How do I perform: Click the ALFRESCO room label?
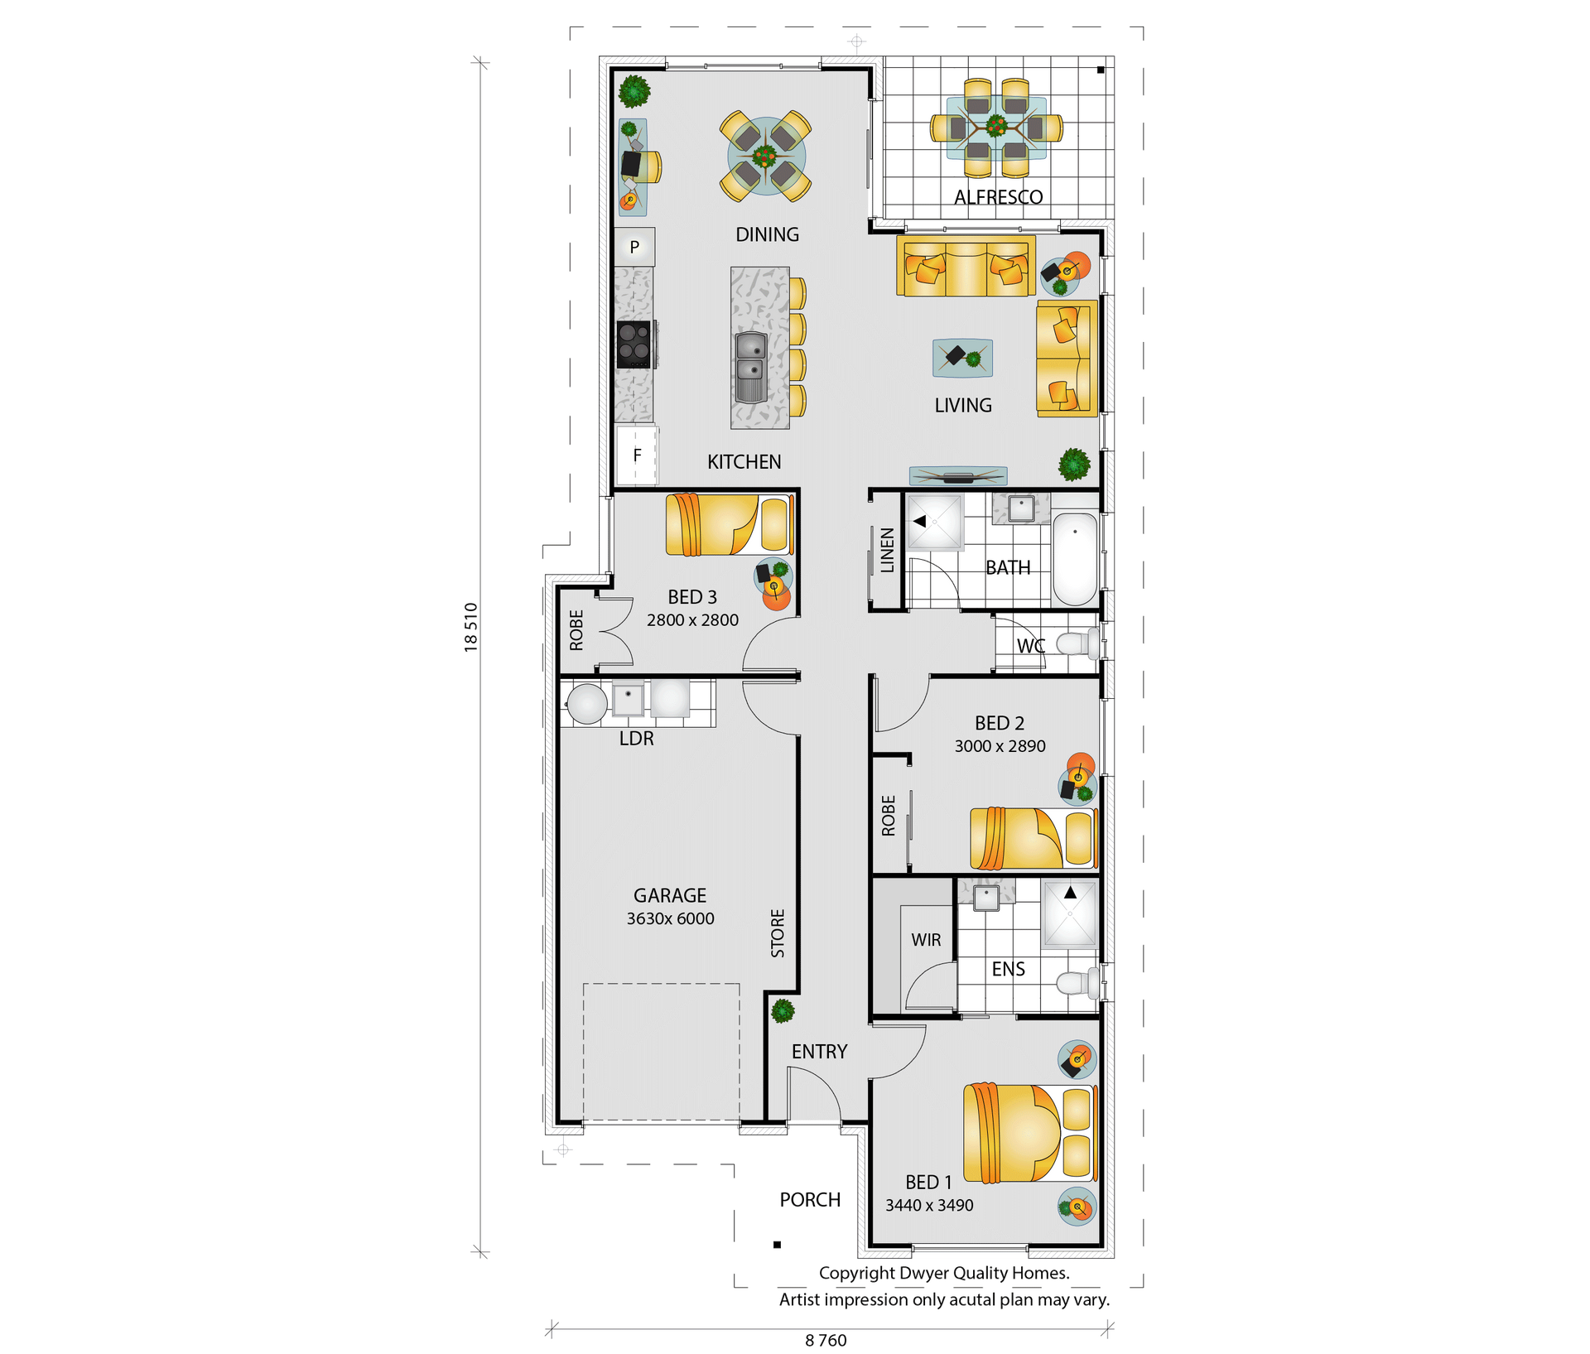tap(998, 197)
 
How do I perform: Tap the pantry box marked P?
tap(634, 247)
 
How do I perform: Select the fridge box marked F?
tap(636, 455)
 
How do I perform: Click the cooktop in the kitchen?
tap(635, 344)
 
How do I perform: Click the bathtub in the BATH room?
tap(1075, 559)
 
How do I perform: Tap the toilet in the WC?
tap(1079, 643)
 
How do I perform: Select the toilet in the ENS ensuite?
tap(1078, 983)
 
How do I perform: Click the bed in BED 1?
tap(1030, 1133)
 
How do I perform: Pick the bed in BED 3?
tap(730, 524)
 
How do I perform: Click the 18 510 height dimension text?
tap(471, 627)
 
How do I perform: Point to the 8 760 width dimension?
tap(826, 1340)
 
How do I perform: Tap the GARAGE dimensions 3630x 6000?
tap(670, 918)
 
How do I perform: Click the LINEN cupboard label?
tap(887, 550)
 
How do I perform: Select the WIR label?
tap(926, 940)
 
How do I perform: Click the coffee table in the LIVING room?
tap(962, 358)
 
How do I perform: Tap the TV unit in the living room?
tap(958, 475)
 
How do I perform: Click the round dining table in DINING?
tap(765, 156)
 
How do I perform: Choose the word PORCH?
tap(810, 1200)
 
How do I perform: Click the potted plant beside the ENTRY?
tap(783, 1010)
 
